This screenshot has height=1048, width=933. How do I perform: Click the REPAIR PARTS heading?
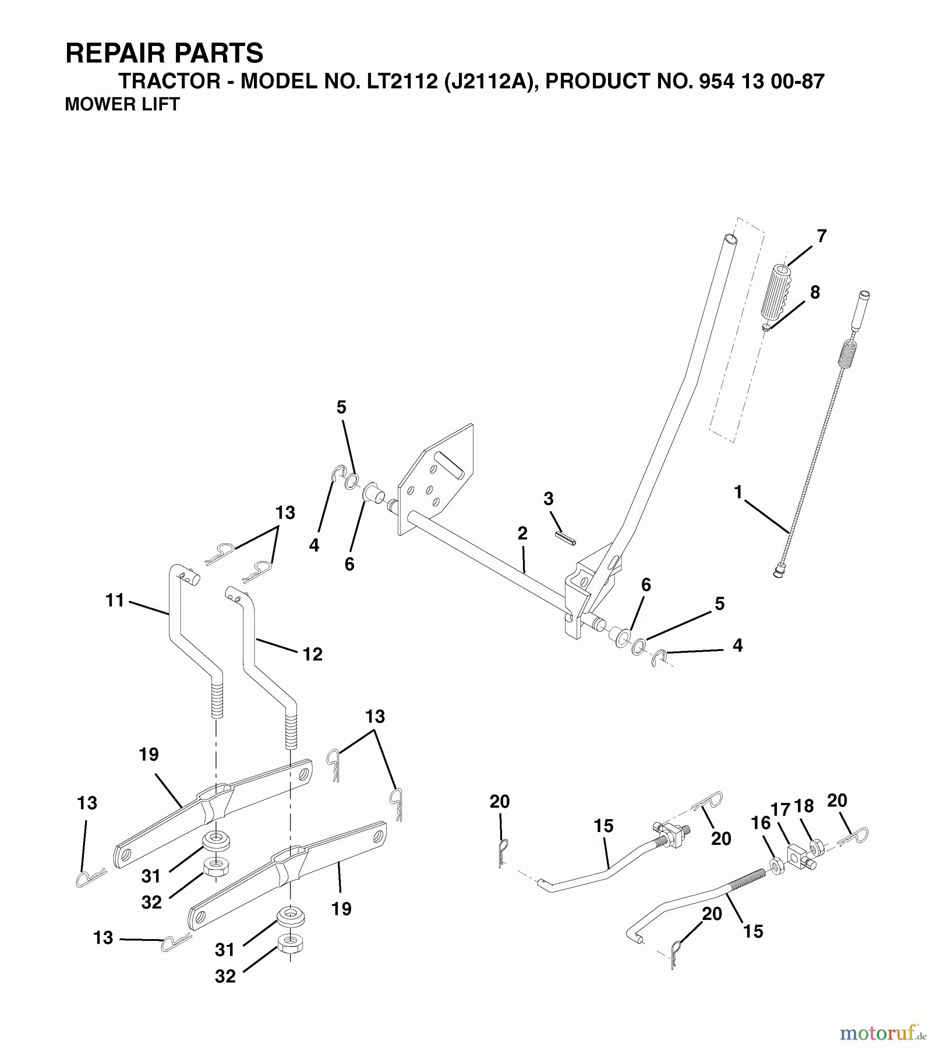click(x=164, y=53)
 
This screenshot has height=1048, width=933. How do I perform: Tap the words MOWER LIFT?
click(x=122, y=104)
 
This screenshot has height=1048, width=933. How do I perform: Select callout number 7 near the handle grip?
click(x=821, y=236)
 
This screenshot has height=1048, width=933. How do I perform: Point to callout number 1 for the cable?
click(x=738, y=493)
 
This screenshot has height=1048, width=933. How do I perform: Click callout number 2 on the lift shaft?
click(x=522, y=533)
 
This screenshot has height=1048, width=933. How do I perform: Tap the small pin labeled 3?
click(x=566, y=538)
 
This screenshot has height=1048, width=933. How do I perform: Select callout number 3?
click(x=548, y=499)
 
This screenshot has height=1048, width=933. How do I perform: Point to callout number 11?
click(x=115, y=600)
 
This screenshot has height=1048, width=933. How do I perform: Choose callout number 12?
click(x=312, y=654)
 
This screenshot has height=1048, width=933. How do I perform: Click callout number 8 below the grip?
click(x=815, y=292)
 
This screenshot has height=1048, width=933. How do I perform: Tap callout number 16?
click(x=761, y=823)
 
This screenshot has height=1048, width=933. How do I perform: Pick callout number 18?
click(x=804, y=806)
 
